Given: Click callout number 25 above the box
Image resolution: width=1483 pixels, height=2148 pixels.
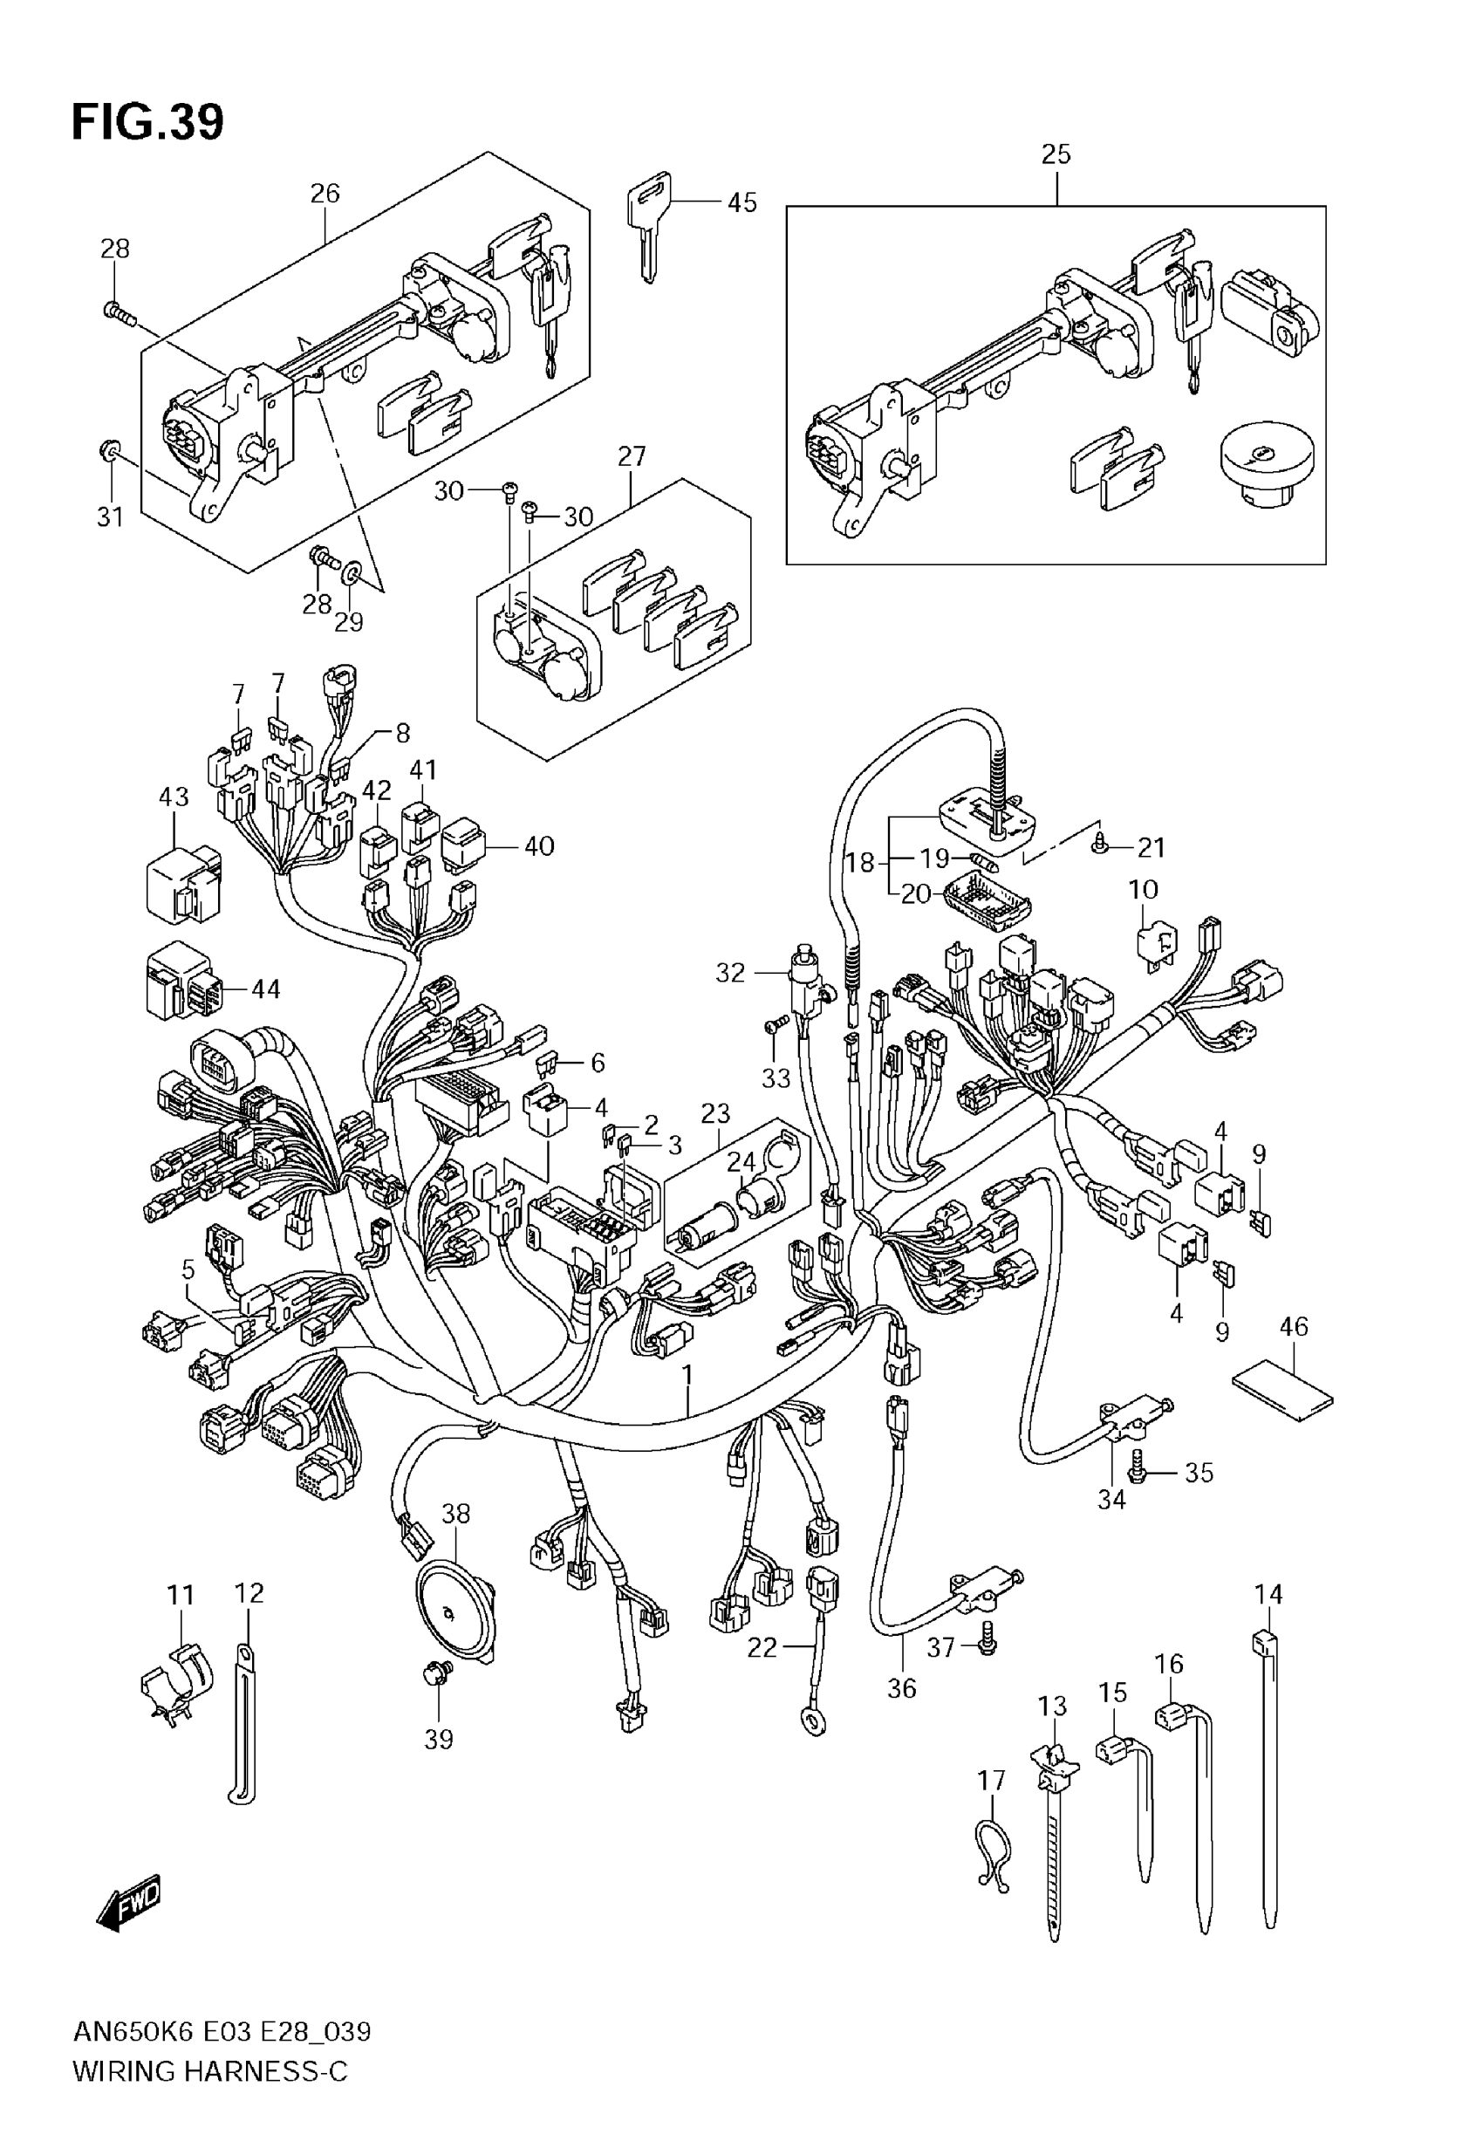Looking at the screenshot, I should pos(1056,154).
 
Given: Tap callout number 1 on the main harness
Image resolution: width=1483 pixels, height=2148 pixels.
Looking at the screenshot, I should pos(687,1373).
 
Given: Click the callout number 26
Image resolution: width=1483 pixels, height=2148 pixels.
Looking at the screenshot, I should pos(325,193).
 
